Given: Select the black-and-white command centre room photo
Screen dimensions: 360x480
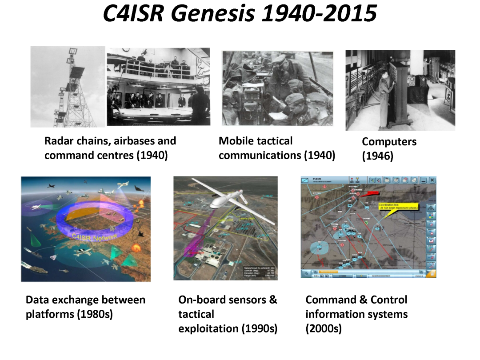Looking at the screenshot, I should [158, 87].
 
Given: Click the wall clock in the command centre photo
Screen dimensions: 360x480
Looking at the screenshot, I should [205, 80].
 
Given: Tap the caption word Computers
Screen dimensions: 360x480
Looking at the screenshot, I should [389, 142].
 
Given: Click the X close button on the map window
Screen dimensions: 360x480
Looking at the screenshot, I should [432, 180].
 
